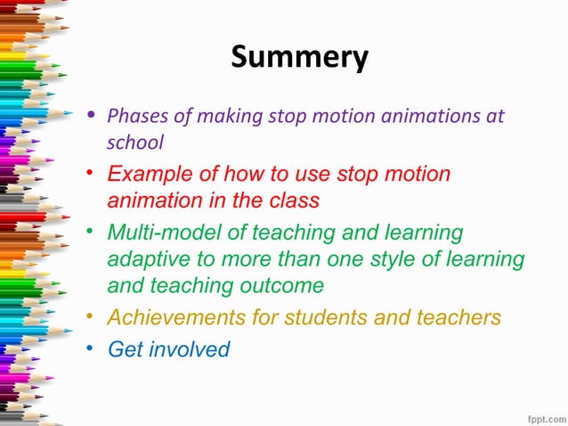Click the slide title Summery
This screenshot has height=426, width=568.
tap(299, 57)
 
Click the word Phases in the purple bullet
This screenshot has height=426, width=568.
tap(133, 116)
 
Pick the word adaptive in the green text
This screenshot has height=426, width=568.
tap(143, 259)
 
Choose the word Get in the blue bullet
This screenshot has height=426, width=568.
tap(124, 348)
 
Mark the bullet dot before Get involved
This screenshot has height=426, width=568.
tap(92, 348)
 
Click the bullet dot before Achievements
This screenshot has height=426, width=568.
tap(92, 317)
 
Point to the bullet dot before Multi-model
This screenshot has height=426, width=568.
tap(92, 233)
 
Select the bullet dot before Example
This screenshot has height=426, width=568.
tap(92, 174)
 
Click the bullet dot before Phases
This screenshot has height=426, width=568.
tap(92, 116)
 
